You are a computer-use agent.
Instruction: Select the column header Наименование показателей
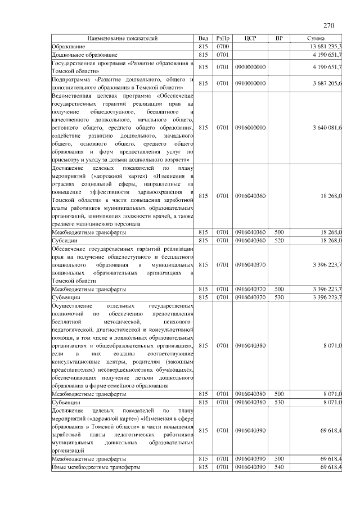point(122,38)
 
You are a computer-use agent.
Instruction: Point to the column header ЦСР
point(251,38)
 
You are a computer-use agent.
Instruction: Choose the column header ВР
point(279,38)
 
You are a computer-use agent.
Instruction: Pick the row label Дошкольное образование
point(84,55)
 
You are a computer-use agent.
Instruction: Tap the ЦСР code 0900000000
point(251,67)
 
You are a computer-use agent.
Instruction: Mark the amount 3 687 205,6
point(327,84)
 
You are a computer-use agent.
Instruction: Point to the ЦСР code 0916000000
point(251,128)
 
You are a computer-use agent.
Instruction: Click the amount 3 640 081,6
point(327,128)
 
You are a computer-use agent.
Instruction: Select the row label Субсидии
point(63,240)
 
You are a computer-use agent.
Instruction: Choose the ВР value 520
point(279,240)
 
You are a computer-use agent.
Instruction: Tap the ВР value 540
point(279,467)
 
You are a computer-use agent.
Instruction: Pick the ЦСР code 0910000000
point(251,84)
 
